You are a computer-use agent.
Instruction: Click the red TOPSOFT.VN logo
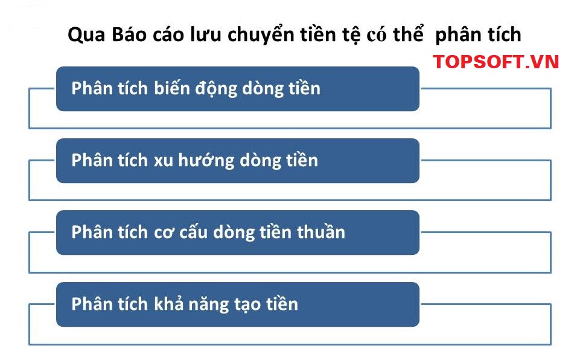496,62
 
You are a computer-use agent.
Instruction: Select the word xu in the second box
163,161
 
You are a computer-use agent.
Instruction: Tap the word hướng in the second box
206,161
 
